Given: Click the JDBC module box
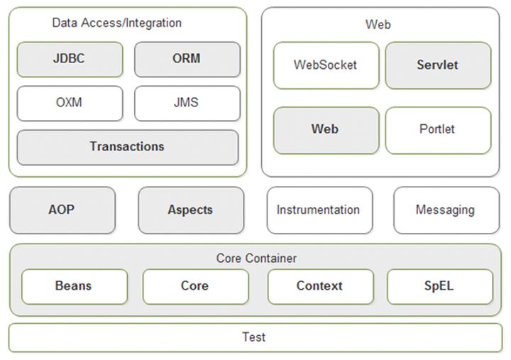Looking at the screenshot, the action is pos(70,60).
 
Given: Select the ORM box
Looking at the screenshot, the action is pos(187,60).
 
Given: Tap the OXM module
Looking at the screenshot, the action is pos(70,104).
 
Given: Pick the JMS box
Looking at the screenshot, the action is pos(187,104).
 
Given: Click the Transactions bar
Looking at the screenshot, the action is pos(128,148).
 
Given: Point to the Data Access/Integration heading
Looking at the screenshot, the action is pos(116,23).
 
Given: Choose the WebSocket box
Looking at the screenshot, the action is pos(326,65).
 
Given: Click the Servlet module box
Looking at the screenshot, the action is pos(438,65).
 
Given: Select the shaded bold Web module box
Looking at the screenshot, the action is pos(326,131).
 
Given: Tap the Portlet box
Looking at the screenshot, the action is pos(438,131).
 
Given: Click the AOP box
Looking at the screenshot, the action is pos(62,210).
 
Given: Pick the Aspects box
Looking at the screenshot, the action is pos(191,210).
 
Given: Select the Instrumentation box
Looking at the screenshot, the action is pos(319,210).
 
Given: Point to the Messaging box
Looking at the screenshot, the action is pos(446,210).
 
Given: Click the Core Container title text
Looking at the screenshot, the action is pos(256,258).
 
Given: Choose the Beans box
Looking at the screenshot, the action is pos(75,287).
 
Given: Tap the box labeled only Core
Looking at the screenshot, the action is pos(196,287).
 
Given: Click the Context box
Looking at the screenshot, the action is pos(321,287).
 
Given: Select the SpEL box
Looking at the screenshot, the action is pos(440,287).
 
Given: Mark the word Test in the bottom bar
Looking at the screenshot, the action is pos(254,337).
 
